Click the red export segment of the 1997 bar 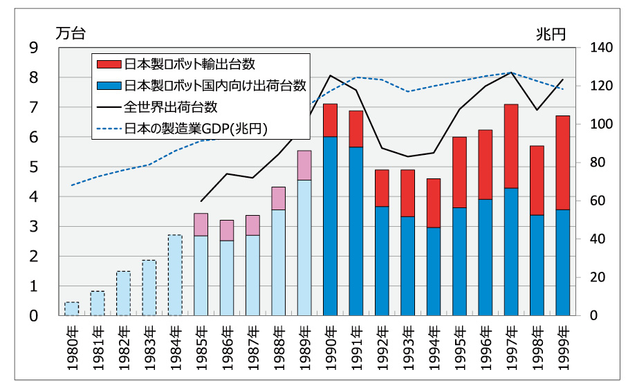(x=511, y=146)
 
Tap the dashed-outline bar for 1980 (x=72, y=308)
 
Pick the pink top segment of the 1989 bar (x=304, y=165)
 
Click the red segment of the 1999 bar (x=563, y=162)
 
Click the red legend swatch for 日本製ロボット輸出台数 (x=109, y=64)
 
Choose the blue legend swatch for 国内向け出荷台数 (x=109, y=86)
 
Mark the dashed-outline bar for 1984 (x=175, y=275)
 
